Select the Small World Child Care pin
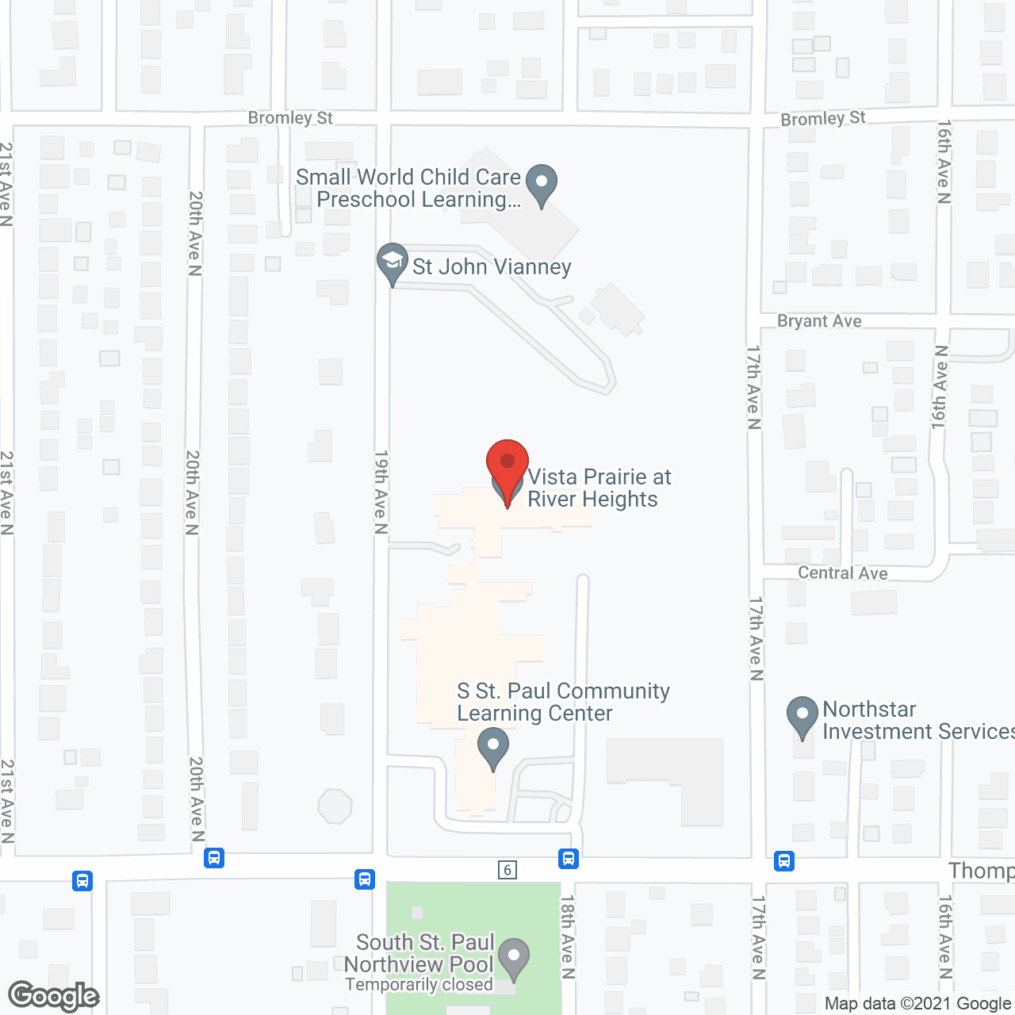[x=542, y=184]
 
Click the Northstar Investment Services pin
[x=802, y=716]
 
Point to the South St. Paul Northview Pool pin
[x=515, y=958]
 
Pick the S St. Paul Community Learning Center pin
[x=493, y=749]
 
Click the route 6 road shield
[x=507, y=870]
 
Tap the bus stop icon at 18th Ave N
[x=568, y=859]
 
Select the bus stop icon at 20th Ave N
[x=214, y=858]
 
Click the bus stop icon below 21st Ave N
[x=82, y=881]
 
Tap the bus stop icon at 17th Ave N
[x=784, y=860]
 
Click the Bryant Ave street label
[x=819, y=321]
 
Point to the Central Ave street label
[x=842, y=573]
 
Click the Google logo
[x=54, y=996]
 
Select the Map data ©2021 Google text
[x=917, y=1004]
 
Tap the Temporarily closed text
[x=419, y=985]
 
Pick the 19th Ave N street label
[x=381, y=492]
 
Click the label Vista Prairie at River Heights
[x=599, y=488]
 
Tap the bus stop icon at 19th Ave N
[x=365, y=879]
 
